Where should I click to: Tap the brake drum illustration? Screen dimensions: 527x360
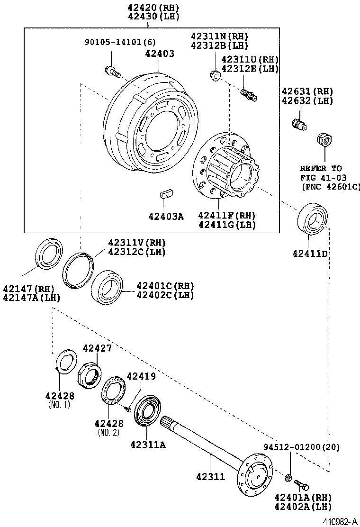[142, 123]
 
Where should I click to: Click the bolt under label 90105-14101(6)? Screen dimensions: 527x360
[111, 72]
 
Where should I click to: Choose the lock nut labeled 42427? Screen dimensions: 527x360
[89, 371]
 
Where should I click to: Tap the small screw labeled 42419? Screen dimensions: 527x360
[128, 408]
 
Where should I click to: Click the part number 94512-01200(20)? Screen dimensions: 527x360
[301, 447]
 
